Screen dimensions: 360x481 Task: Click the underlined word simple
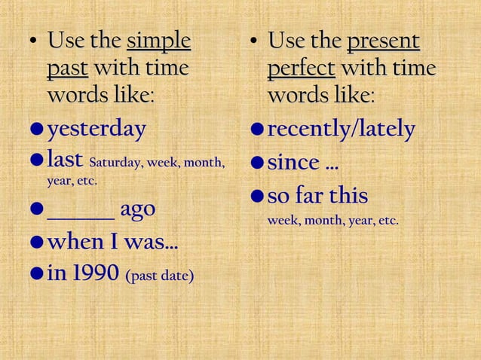pos(159,40)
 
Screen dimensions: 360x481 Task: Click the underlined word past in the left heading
pos(67,69)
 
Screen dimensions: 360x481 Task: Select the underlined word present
pos(383,40)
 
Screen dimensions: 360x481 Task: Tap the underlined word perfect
pos(301,69)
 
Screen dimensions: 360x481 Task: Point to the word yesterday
pos(97,130)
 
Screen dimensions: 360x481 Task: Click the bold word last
pos(65,160)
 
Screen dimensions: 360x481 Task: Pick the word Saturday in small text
pos(116,162)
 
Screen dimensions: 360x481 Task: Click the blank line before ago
pos(81,209)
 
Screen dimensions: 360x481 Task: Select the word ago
pos(138,209)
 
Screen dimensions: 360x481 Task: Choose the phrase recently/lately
pos(341,130)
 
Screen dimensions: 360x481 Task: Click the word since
pos(293,162)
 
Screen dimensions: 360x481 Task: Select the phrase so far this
pos(317,196)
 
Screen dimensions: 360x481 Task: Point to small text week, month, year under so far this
pos(332,221)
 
